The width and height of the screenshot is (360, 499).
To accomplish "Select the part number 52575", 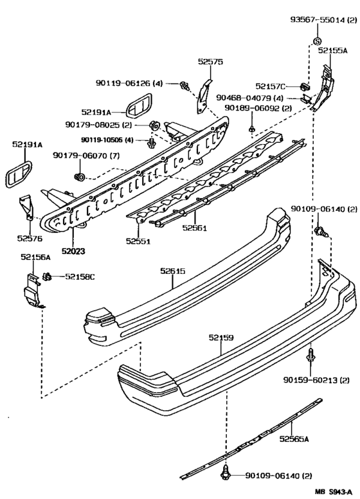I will pos(210,62).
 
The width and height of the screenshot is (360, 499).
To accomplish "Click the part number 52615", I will pos(173,271).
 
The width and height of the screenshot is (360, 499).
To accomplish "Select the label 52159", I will pos(221,336).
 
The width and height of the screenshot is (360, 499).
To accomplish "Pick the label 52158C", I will pos(79,277).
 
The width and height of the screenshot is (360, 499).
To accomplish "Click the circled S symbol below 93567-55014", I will pos(317,42).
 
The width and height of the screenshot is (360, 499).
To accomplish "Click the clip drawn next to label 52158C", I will pos(48,277).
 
